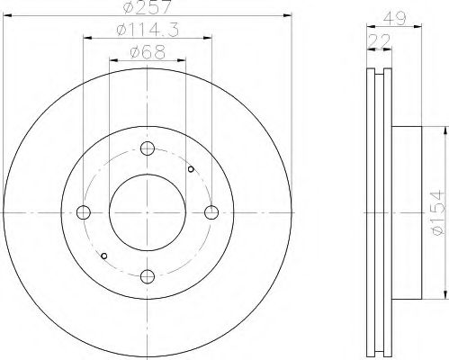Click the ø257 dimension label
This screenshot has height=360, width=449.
[x=148, y=6]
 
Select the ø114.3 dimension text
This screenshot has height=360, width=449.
[x=148, y=30]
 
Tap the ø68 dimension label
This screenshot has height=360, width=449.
[x=148, y=52]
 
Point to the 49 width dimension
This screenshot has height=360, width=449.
[x=395, y=18]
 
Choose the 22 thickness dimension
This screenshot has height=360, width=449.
[x=379, y=40]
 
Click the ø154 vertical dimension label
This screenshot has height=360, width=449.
[x=436, y=212]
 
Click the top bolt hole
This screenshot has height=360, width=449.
[x=148, y=148]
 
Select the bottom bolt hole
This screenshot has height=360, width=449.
[x=148, y=276]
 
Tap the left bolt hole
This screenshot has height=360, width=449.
[x=84, y=212]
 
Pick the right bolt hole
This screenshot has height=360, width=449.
[x=211, y=212]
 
